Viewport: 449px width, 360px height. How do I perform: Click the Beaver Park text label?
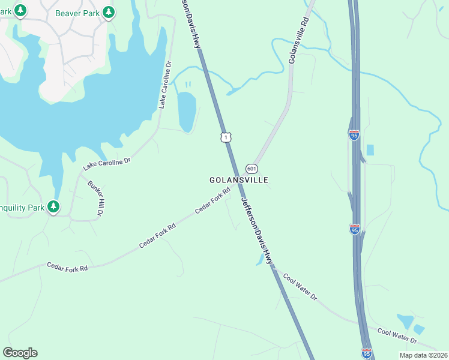click(x=77, y=13)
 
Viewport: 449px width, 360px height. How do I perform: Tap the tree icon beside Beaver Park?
click(x=108, y=12)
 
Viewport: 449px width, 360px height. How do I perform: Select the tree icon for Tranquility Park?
click(x=54, y=207)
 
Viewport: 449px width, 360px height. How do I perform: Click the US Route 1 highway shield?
click(x=226, y=137)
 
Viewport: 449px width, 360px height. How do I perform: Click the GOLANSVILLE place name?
click(x=238, y=180)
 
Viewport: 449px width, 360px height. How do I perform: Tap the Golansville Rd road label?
click(x=298, y=40)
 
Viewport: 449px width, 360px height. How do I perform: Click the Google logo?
click(x=20, y=353)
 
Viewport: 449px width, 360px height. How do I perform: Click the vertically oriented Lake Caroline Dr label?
click(x=165, y=85)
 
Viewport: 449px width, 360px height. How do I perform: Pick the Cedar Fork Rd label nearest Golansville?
click(x=212, y=202)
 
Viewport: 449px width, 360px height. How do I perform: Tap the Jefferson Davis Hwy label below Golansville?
click(x=257, y=230)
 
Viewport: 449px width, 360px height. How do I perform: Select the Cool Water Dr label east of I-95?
click(x=397, y=335)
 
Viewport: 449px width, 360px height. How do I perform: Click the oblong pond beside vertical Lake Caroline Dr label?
click(x=187, y=111)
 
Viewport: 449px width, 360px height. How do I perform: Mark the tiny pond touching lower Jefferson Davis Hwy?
click(x=259, y=259)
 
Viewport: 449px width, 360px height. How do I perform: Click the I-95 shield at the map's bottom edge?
click(x=366, y=354)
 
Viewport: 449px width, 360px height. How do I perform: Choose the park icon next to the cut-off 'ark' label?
click(x=20, y=10)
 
